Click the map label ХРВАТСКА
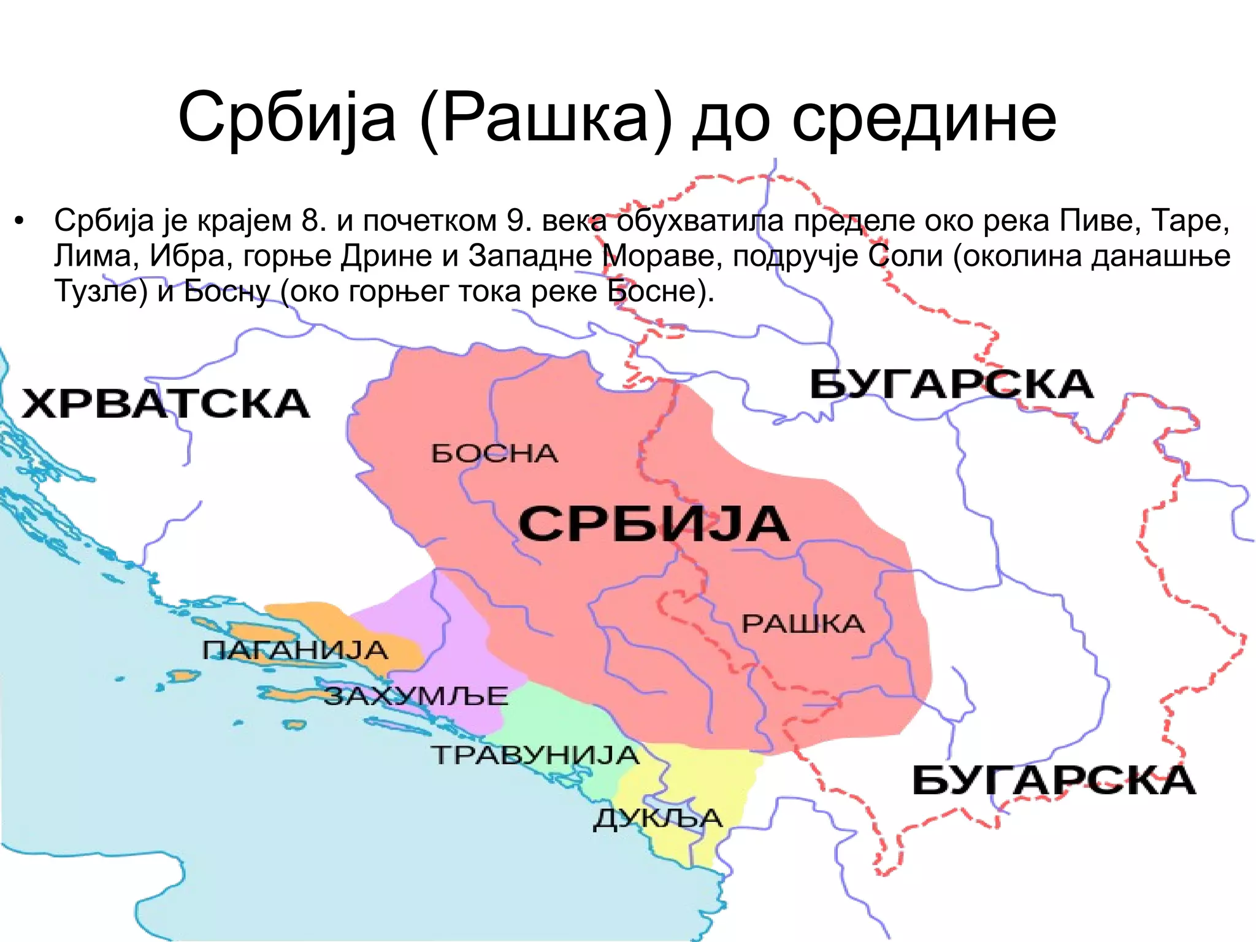click(166, 404)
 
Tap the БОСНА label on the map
click(494, 454)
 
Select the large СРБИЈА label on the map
click(654, 524)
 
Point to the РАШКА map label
click(803, 624)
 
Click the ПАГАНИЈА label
click(295, 650)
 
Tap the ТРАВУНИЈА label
click(535, 755)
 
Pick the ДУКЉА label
click(658, 819)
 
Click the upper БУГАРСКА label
click(951, 385)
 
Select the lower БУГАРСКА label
click(1054, 781)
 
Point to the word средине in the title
click(924, 117)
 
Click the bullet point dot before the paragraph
click(20, 222)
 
